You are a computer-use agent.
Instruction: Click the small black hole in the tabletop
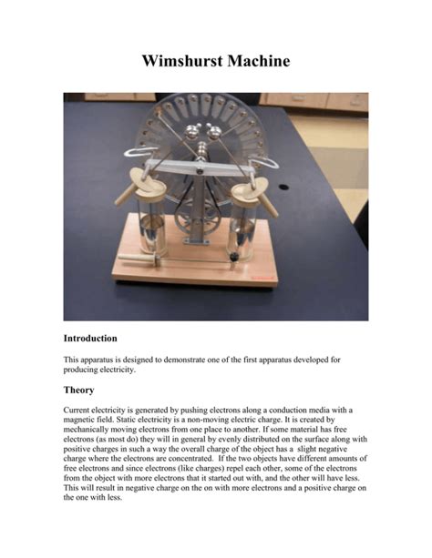[x=283, y=188]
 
